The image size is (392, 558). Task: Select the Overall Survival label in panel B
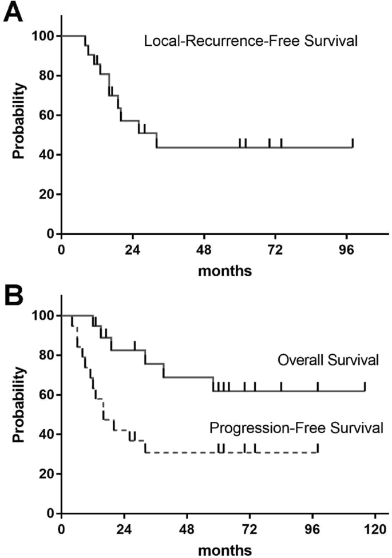tap(328, 361)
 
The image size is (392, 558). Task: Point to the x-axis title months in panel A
tap(224, 270)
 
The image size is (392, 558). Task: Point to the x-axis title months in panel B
tap(224, 550)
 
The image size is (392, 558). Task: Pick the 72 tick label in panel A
tap(275, 249)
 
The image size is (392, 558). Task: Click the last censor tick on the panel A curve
tap(353, 143)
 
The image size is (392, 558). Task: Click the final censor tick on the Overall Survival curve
tap(365, 386)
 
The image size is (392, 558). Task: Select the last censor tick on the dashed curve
tap(318, 448)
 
